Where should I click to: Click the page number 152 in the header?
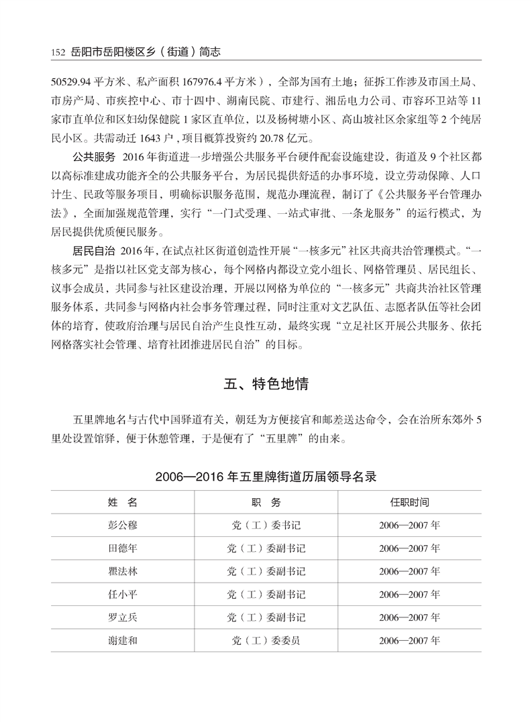(56, 52)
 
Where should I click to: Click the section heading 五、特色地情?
(266, 385)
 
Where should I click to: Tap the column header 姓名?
(122, 502)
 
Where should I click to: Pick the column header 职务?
(266, 502)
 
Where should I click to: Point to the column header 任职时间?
(409, 502)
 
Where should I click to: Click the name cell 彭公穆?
(122, 525)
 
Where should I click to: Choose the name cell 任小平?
(122, 594)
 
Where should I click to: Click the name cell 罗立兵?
(122, 617)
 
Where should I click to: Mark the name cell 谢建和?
(122, 640)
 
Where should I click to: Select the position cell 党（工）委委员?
(266, 640)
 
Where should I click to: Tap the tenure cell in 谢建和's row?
(409, 640)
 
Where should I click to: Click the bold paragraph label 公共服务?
(93, 158)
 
